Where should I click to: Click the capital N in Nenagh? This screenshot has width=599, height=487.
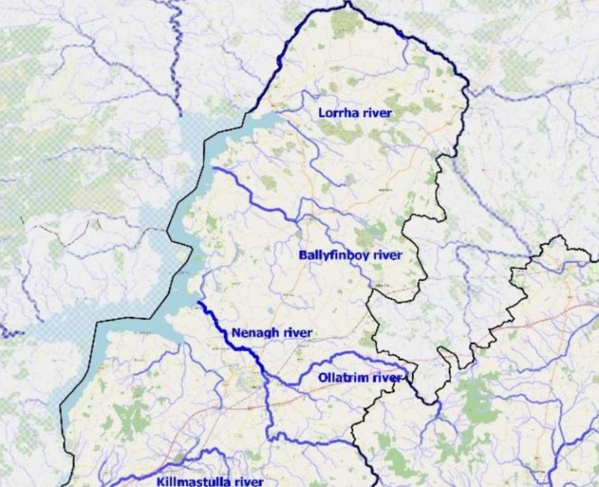[x=237, y=333]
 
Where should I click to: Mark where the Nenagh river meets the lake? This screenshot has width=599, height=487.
[x=198, y=302]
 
